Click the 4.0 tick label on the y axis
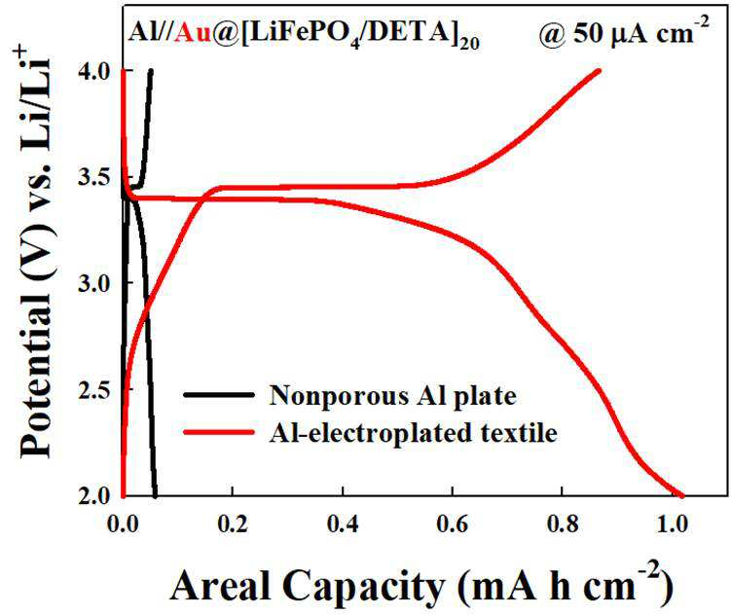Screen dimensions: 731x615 pyautogui.click(x=93, y=71)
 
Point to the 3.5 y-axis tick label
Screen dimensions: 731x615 pyautogui.click(x=93, y=177)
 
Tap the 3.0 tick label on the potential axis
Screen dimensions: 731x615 pyautogui.click(x=93, y=283)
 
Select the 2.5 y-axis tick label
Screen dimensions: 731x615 pyautogui.click(x=93, y=389)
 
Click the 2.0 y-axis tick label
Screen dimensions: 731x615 pyautogui.click(x=93, y=495)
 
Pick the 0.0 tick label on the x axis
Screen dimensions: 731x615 pyautogui.click(x=123, y=524)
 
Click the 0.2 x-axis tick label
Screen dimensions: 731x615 pyautogui.click(x=233, y=524)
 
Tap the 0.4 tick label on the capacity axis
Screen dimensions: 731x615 pyautogui.click(x=343, y=524)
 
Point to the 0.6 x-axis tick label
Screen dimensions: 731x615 pyautogui.click(x=453, y=524)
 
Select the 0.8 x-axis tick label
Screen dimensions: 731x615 pyautogui.click(x=563, y=524)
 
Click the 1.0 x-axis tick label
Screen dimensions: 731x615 pyautogui.click(x=672, y=524)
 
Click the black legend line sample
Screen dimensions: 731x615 pyautogui.click(x=219, y=395)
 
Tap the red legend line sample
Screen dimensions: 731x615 pyautogui.click(x=219, y=432)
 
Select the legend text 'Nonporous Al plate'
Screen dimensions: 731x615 pyautogui.click(x=393, y=396)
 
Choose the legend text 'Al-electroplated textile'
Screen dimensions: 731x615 pyautogui.click(x=413, y=433)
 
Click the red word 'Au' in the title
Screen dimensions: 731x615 pyautogui.click(x=192, y=33)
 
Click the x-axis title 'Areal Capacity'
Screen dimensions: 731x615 pyautogui.click(x=308, y=586)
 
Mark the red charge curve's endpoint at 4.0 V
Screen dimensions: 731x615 pyautogui.click(x=599, y=71)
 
